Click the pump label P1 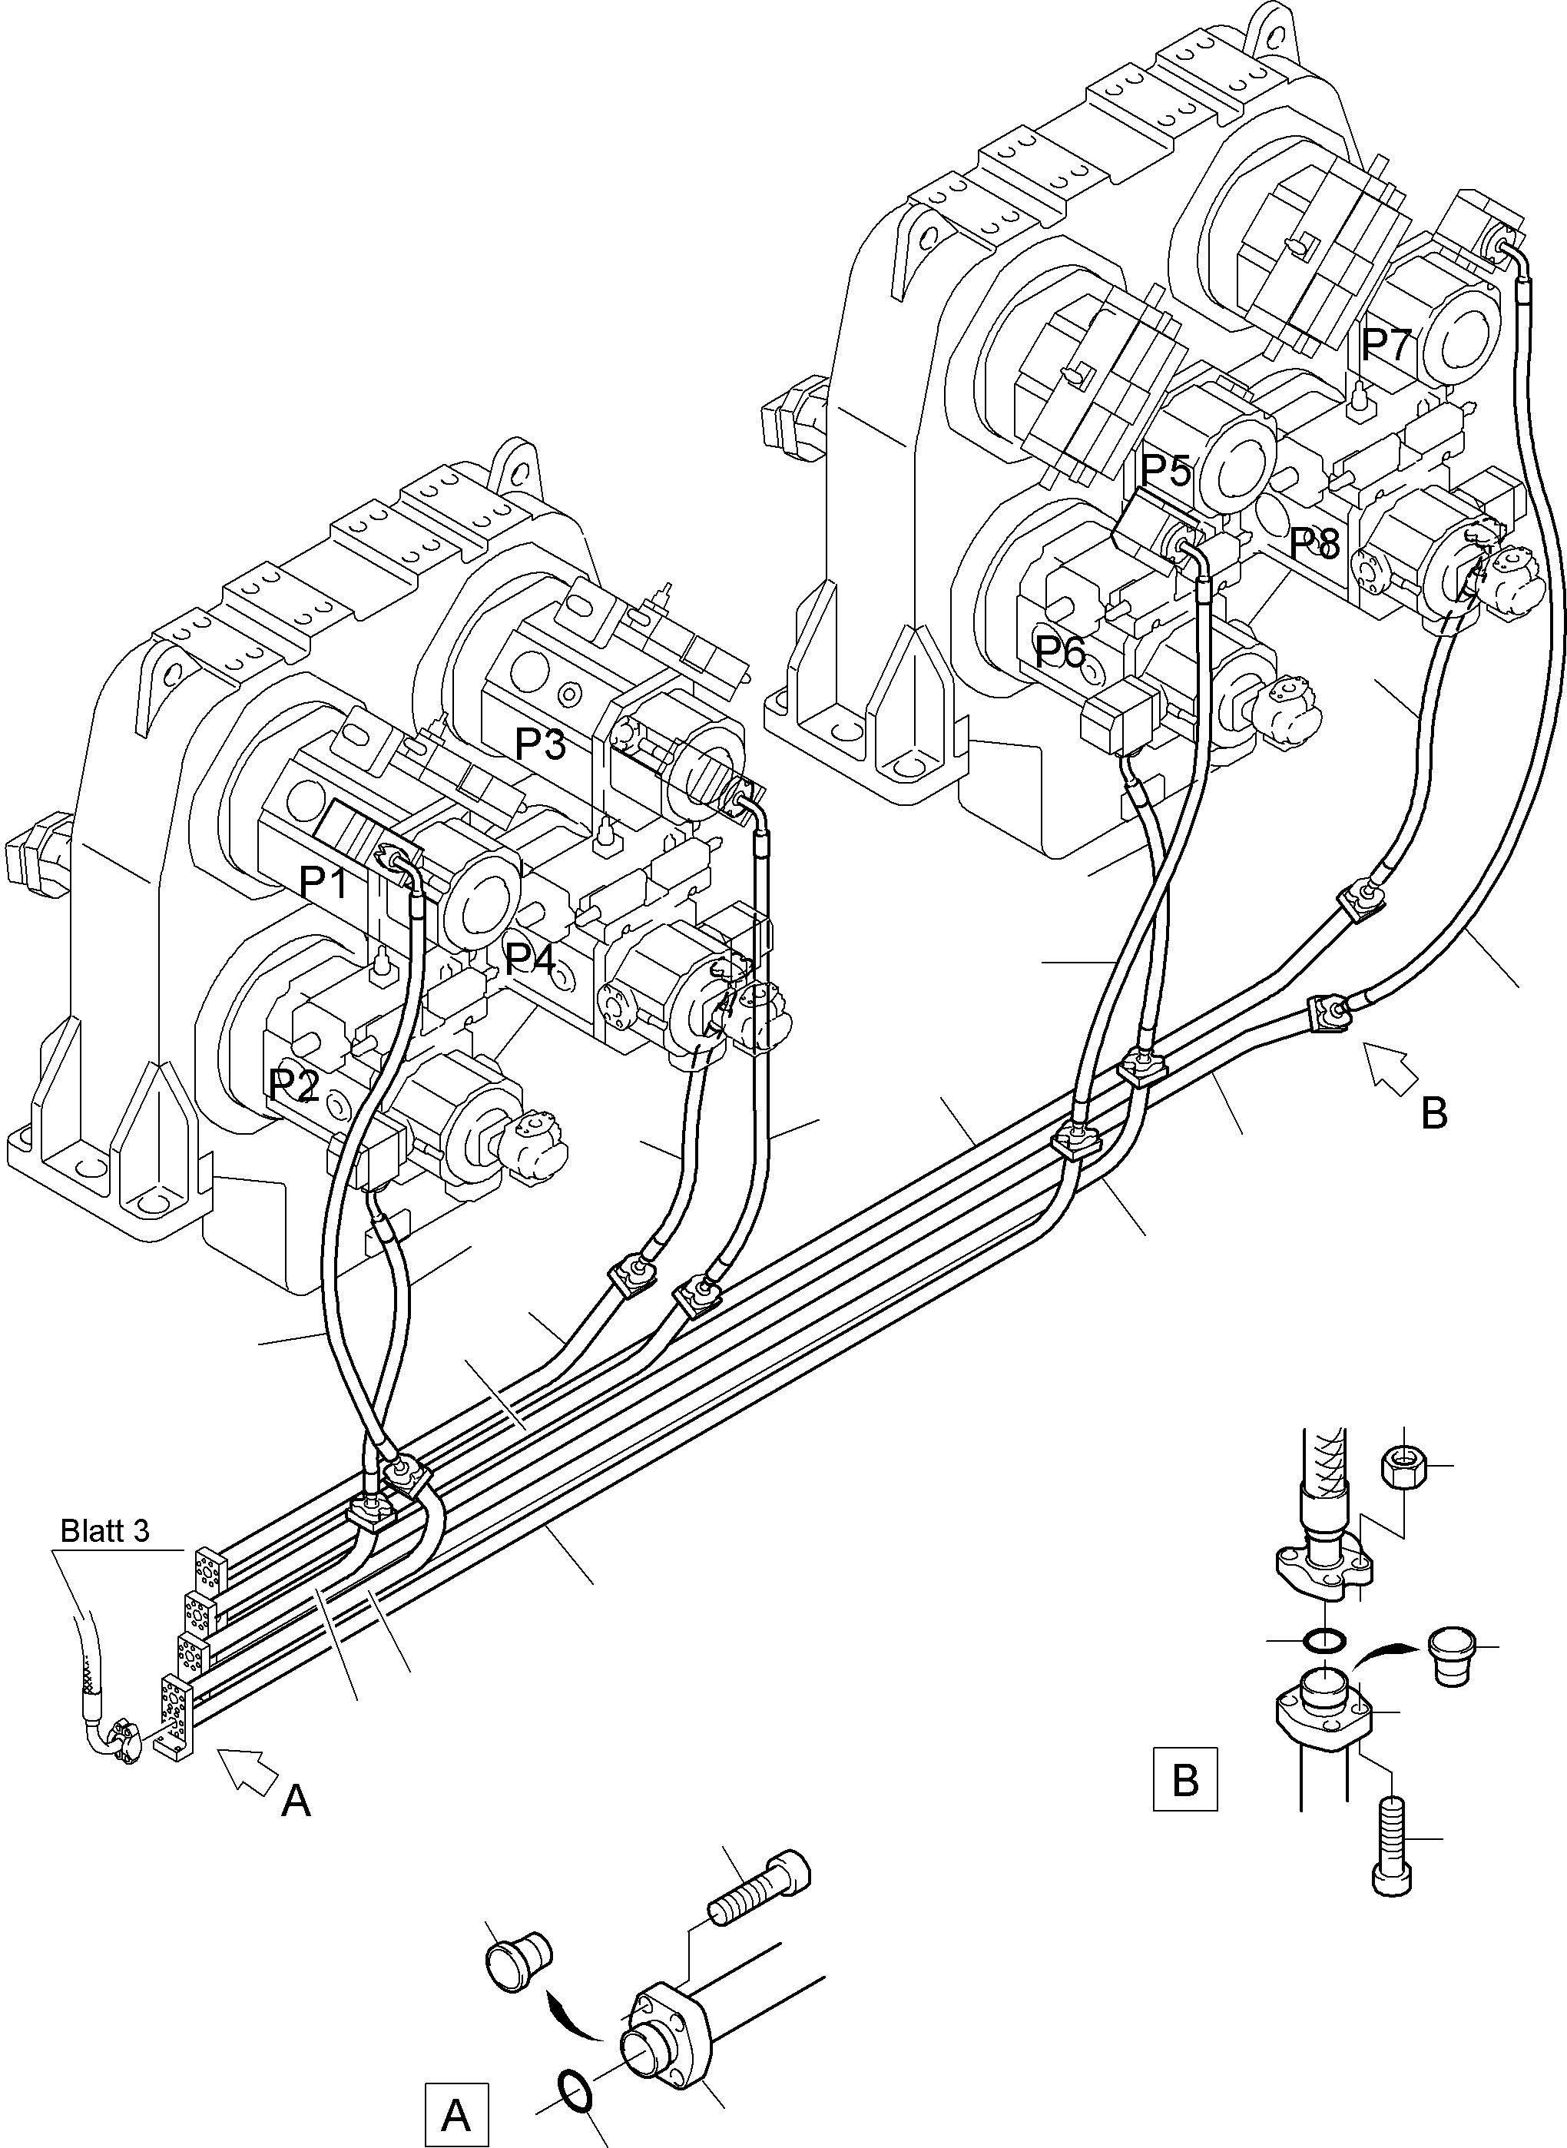coord(323,883)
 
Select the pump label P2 coord(293,1085)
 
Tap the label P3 coord(540,744)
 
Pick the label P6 coord(1059,651)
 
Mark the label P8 coord(1314,544)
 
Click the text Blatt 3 coord(104,1531)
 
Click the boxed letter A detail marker coord(456,2115)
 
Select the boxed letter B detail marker coord(1184,1780)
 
